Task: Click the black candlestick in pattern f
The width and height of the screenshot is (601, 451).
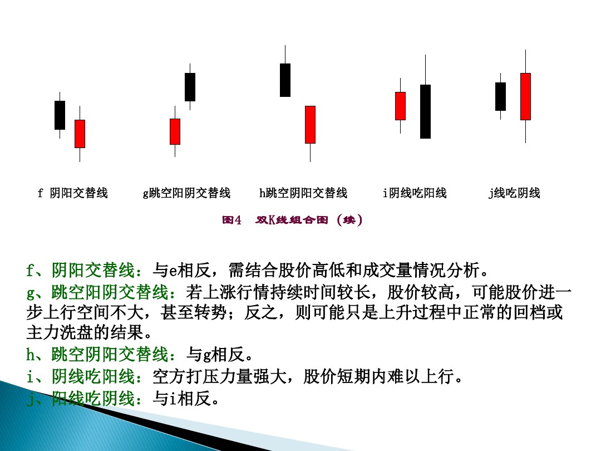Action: coord(60,115)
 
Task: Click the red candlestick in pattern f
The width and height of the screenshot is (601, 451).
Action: coord(80,134)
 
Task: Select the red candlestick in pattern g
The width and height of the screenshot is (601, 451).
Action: coord(175,131)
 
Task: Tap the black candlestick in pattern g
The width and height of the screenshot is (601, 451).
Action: coord(190,87)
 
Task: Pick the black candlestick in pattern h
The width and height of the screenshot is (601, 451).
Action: coord(285,80)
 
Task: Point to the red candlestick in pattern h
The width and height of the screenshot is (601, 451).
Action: coord(310,125)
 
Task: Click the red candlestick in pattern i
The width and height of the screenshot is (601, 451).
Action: coord(400,106)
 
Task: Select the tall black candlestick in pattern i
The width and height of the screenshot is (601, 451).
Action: coord(425,111)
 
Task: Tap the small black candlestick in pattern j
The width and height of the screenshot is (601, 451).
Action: coord(500,96)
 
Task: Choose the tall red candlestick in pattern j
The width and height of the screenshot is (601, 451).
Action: coord(525,96)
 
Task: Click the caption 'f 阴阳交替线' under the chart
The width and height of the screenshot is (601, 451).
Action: coord(72,193)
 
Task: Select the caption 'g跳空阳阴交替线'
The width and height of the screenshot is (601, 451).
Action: coord(186,193)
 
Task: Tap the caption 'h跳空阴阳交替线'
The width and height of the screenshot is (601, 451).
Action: coord(303,193)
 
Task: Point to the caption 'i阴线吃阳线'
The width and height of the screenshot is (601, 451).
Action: coord(415,193)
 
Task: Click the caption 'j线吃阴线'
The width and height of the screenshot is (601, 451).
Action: coord(514,193)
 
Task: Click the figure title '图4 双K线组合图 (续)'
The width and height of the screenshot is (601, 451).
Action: coord(292,220)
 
